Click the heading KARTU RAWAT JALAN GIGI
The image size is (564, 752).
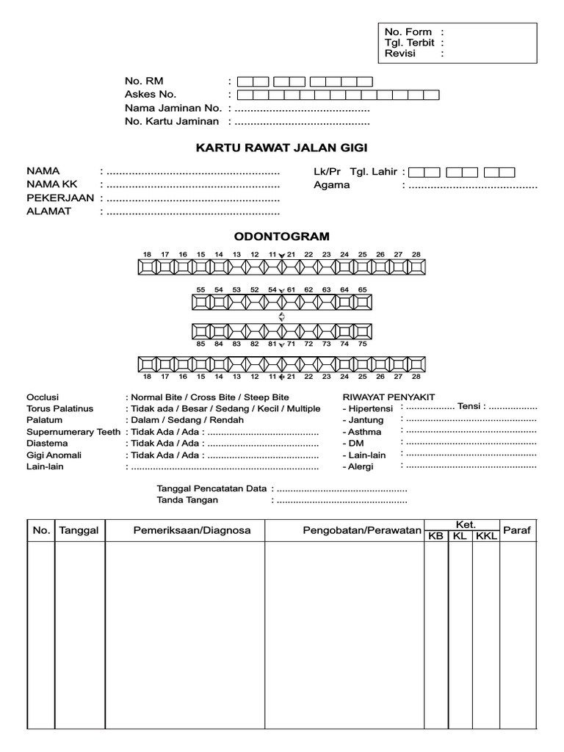pyautogui.click(x=281, y=148)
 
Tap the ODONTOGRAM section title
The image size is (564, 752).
pyautogui.click(x=281, y=236)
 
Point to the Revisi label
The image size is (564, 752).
pyautogui.click(x=400, y=54)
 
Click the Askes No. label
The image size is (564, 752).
pyautogui.click(x=151, y=94)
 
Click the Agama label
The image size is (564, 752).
pyautogui.click(x=331, y=185)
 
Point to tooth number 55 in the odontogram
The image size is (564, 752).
pyautogui.click(x=200, y=290)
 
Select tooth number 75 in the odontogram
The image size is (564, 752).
pyautogui.click(x=362, y=344)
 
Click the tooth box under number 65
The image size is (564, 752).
pyautogui.click(x=362, y=303)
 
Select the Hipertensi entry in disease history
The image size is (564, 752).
pyautogui.click(x=370, y=408)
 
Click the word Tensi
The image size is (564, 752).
pyautogui.click(x=469, y=407)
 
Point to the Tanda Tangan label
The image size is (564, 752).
pyautogui.click(x=187, y=500)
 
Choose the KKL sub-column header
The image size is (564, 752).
pyautogui.click(x=486, y=537)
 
